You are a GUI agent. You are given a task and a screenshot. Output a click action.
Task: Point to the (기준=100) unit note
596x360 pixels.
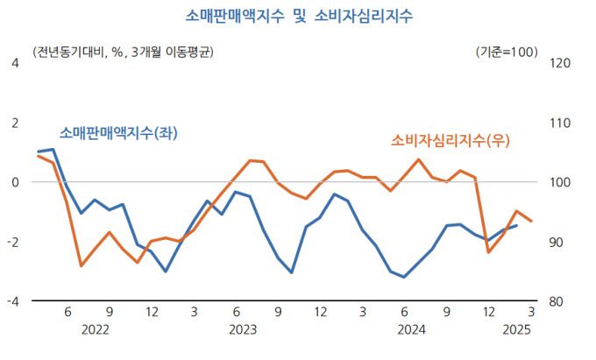click(x=507, y=52)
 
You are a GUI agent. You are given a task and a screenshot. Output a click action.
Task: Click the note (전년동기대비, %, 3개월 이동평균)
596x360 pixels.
click(x=123, y=52)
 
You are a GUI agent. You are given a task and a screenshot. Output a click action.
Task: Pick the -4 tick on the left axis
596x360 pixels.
click(x=12, y=301)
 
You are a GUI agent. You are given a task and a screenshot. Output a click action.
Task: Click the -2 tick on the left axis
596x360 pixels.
click(x=12, y=242)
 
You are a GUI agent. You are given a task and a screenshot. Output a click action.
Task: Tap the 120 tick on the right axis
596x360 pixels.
click(x=558, y=63)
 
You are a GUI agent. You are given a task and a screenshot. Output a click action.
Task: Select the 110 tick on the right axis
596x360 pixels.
click(x=558, y=123)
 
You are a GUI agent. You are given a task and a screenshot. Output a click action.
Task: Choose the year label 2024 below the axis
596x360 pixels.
click(x=412, y=330)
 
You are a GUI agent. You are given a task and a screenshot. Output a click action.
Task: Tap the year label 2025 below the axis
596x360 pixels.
click(x=517, y=330)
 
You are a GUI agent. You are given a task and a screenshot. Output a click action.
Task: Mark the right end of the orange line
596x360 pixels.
click(x=531, y=222)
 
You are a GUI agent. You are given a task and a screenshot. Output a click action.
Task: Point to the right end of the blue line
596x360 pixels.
click(x=516, y=225)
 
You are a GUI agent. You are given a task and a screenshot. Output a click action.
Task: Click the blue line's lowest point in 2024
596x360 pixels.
click(x=404, y=277)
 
